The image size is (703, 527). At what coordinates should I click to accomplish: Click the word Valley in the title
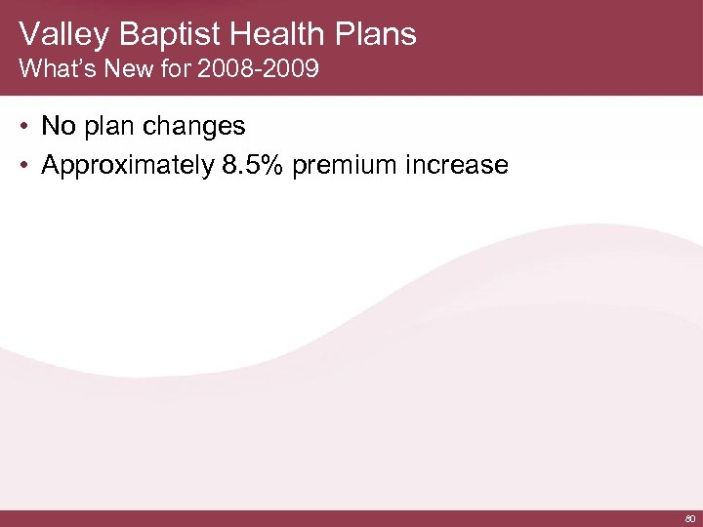[62, 35]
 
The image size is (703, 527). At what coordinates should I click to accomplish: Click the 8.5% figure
[250, 166]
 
